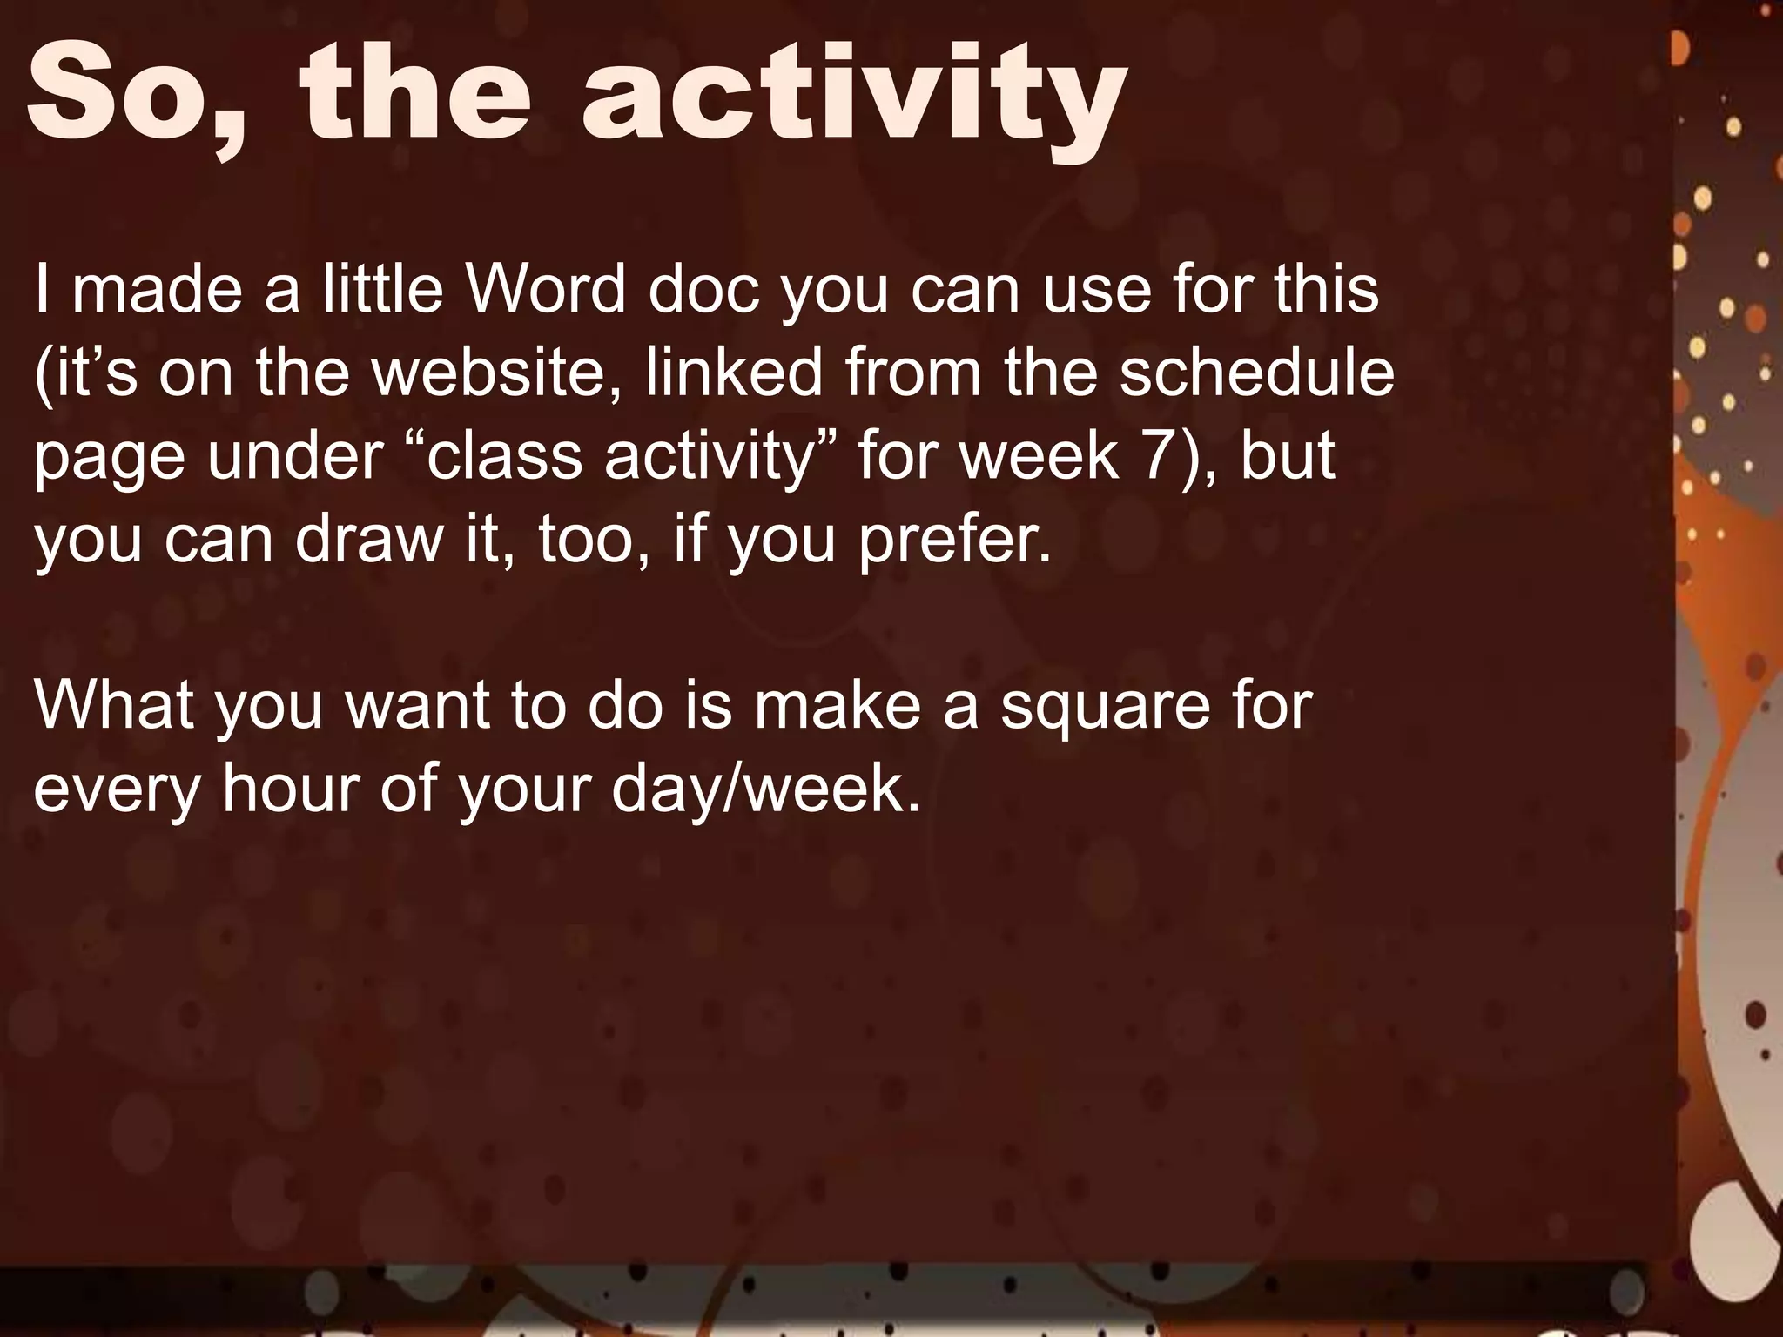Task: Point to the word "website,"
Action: click(497, 373)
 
